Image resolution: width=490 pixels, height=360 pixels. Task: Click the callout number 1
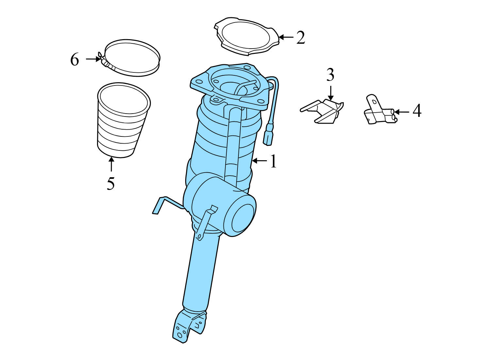273,161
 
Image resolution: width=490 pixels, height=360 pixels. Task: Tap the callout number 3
330,75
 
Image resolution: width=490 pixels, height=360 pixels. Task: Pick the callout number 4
417,111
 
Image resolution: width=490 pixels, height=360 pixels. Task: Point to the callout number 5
111,183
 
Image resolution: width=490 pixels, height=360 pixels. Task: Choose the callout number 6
75,60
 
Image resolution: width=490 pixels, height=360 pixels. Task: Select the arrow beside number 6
93,59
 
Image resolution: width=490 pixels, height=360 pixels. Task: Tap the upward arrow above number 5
111,164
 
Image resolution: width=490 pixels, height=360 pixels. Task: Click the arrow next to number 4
402,112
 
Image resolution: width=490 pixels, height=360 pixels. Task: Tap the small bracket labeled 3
323,111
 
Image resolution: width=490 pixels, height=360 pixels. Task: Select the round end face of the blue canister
243,218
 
